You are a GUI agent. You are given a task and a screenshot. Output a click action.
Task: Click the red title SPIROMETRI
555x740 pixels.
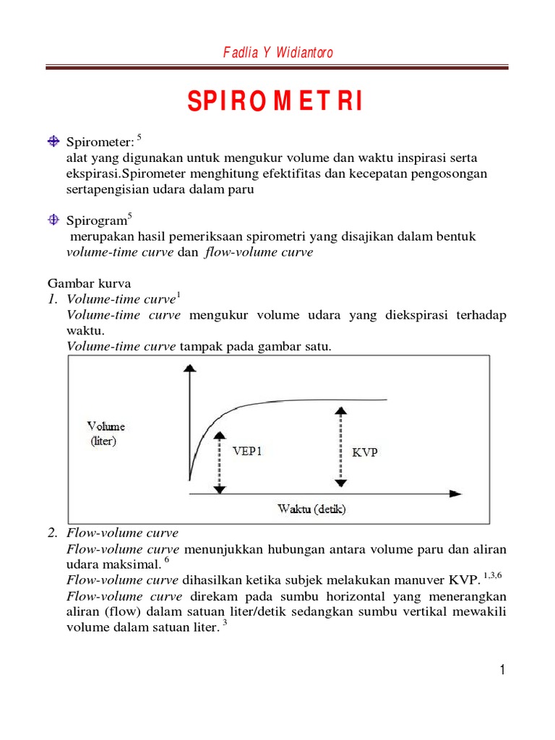coord(276,102)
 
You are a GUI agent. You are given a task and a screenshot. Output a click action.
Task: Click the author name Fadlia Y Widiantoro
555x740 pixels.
coord(277,53)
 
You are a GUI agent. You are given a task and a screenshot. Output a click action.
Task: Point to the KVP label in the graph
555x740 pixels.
coord(365,453)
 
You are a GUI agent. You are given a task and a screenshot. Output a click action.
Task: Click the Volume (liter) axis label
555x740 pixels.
coord(106,433)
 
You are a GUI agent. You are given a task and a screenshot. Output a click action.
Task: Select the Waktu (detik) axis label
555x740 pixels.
coord(311,509)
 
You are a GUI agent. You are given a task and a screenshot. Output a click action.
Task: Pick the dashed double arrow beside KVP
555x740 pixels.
coord(337,447)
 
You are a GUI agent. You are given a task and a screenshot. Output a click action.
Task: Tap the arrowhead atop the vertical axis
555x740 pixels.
coord(189,369)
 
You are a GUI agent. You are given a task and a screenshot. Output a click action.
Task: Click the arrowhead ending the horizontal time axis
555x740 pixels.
coord(455,494)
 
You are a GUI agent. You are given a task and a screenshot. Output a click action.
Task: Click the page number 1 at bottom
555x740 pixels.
coord(502,670)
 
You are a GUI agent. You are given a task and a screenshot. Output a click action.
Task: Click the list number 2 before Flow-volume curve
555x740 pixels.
coord(52,533)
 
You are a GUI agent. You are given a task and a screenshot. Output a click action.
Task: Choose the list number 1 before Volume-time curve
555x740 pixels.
coord(52,299)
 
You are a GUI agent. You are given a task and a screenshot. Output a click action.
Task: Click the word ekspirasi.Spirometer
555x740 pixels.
coord(122,174)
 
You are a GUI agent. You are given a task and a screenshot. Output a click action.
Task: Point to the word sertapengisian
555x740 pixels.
coord(104,189)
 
